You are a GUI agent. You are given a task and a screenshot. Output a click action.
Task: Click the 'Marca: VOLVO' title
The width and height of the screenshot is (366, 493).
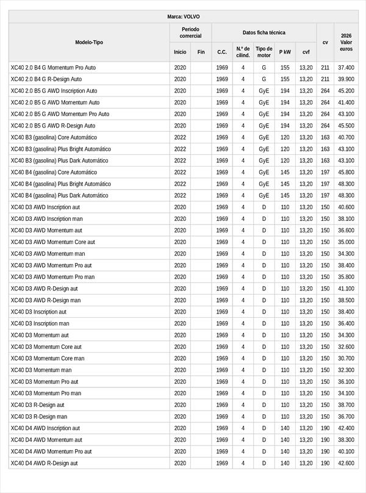(x=183, y=16)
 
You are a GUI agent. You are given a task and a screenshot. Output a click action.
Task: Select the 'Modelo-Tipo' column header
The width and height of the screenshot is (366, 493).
(x=89, y=42)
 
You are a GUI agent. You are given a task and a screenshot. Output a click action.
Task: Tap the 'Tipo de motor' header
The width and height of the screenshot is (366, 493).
(x=264, y=52)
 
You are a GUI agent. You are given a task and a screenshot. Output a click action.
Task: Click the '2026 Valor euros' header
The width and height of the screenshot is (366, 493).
(x=346, y=42)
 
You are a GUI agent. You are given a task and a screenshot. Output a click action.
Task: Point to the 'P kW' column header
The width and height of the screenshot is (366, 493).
(x=285, y=52)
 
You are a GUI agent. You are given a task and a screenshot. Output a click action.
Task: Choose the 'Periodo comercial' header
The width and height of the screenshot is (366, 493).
(x=191, y=32)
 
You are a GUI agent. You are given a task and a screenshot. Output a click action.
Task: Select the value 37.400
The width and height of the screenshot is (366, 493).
(x=346, y=68)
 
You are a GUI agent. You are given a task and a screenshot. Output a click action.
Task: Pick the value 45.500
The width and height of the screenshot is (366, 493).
(x=346, y=126)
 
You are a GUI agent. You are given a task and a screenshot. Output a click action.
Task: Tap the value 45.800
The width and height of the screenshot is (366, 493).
(x=346, y=172)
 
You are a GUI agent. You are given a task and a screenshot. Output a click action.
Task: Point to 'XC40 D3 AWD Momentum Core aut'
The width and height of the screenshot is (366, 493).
(x=53, y=242)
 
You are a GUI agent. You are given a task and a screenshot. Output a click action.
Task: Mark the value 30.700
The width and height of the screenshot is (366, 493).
(x=346, y=358)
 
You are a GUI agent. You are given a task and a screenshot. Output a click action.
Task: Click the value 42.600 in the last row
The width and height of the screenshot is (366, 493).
(x=346, y=463)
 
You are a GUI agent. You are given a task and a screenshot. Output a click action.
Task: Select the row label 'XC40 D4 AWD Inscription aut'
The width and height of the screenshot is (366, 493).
(x=45, y=428)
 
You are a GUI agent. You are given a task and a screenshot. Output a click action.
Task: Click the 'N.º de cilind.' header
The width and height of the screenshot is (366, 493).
(x=243, y=52)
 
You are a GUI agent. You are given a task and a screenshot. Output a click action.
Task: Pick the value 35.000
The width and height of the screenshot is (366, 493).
(x=346, y=242)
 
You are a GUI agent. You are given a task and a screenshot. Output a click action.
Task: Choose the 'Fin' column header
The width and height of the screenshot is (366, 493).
(x=201, y=52)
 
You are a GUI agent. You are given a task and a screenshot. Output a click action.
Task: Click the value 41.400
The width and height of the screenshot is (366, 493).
(x=346, y=103)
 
